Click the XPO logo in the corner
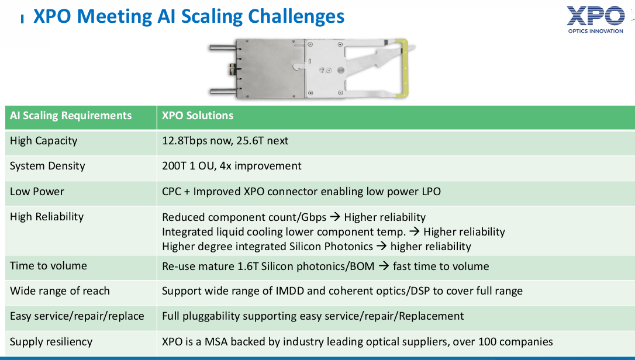point(595,19)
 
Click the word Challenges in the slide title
point(296,16)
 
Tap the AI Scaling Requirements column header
point(71,116)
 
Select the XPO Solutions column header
point(198,116)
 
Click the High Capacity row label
point(43,141)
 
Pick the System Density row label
point(47,166)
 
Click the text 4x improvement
point(260,166)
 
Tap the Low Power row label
point(37,192)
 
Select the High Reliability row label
point(47,217)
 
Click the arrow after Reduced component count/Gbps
point(335,217)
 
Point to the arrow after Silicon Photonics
point(381,246)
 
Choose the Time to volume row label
point(48,266)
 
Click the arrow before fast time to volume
point(384,266)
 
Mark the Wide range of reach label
point(60,291)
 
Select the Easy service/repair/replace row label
point(77,316)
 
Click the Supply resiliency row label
point(51,342)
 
